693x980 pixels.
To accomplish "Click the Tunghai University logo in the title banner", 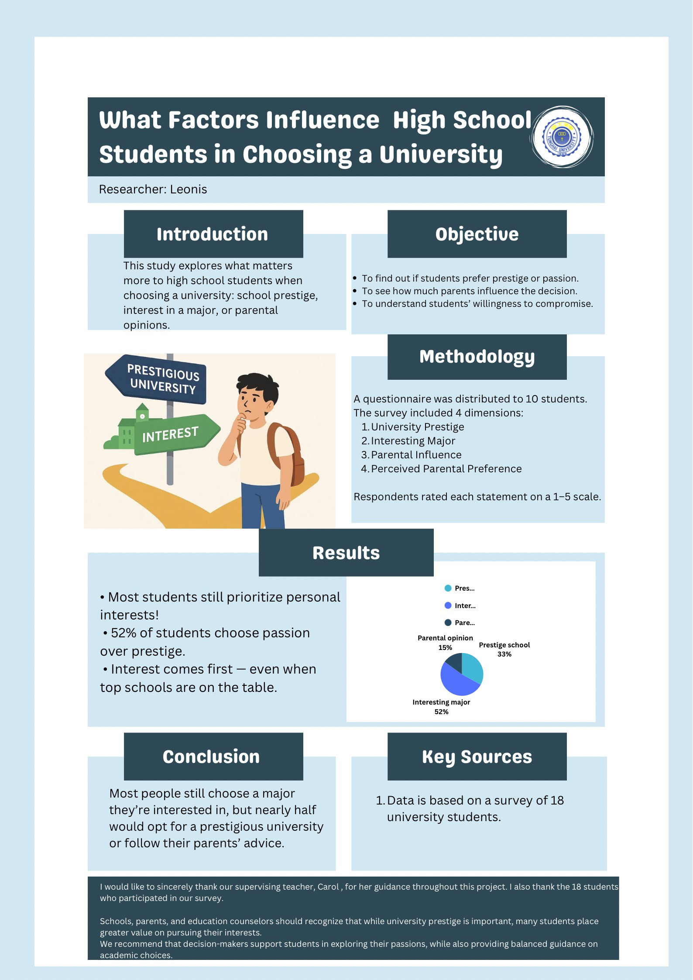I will [x=562, y=137].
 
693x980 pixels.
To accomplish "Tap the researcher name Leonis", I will [x=189, y=189].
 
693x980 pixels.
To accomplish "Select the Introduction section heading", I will [x=213, y=234].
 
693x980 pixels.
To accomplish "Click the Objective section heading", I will [x=477, y=234].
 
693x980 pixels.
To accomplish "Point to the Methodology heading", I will [x=477, y=357].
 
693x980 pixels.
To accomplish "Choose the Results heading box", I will [x=346, y=553].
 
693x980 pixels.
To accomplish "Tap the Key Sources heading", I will [x=477, y=756].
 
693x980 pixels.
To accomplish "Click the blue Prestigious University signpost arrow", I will [x=157, y=378].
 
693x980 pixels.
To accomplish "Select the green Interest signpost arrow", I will [x=175, y=434].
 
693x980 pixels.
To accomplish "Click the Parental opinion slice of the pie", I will [x=454, y=662].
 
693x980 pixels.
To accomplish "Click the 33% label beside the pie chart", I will [x=504, y=654].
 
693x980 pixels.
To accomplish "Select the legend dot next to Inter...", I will [x=448, y=605].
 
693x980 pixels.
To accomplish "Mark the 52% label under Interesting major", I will [x=441, y=712].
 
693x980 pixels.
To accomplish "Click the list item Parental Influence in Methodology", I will [x=416, y=455].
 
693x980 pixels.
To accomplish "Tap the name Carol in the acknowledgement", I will [x=328, y=887].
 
